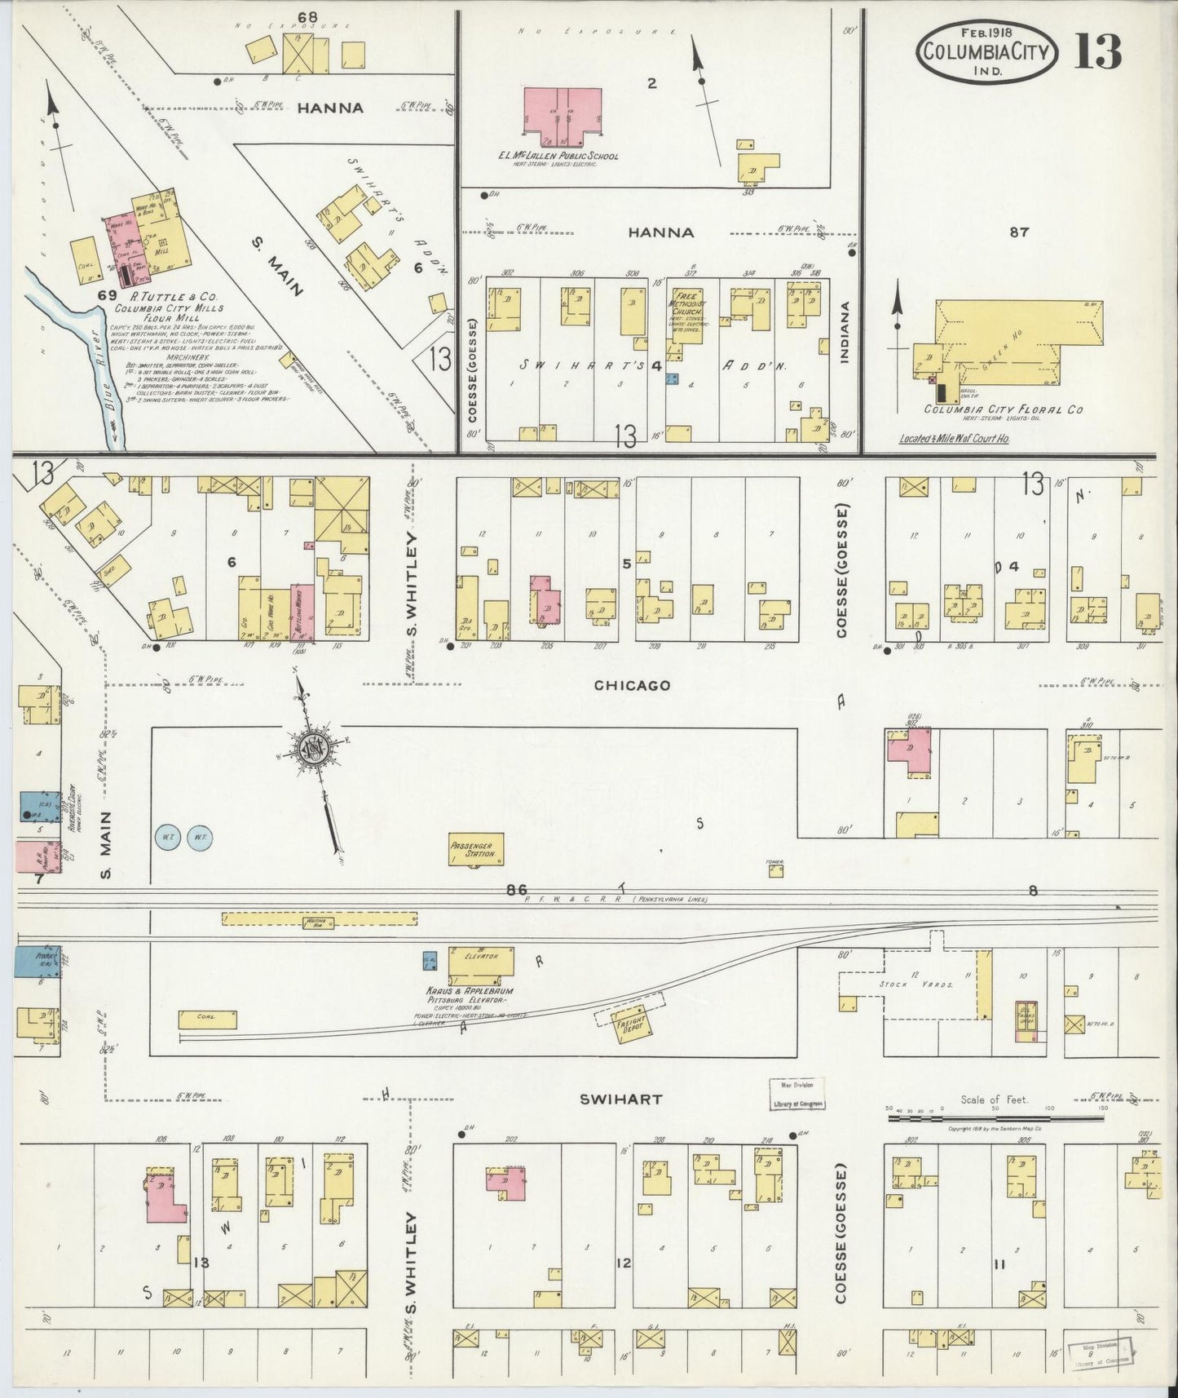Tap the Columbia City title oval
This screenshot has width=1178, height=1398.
point(988,50)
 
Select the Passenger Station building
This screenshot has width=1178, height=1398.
point(477,849)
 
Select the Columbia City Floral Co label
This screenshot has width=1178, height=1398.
point(1003,409)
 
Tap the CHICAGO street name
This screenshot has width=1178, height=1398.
point(632,685)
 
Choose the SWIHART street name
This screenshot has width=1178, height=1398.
point(620,1099)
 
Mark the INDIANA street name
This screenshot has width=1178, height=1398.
point(845,333)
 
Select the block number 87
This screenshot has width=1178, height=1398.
point(1018,232)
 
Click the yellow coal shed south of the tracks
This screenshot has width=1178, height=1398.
point(207,1019)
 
